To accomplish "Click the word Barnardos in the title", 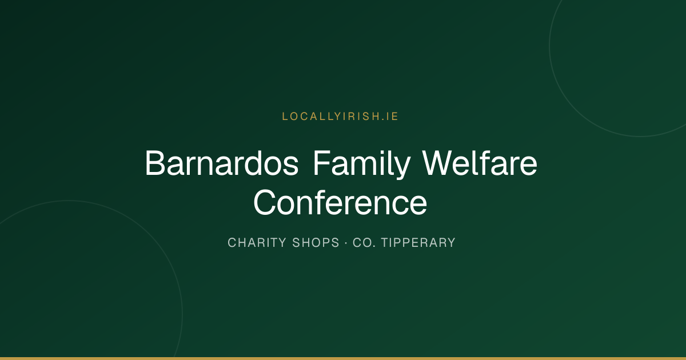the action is coord(222,163).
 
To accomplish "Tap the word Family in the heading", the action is coord(362,165).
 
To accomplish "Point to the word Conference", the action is coord(340,202).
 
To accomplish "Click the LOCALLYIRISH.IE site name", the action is coord(340,117).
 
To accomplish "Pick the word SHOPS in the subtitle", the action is coord(316,243).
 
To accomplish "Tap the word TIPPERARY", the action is coord(418,243).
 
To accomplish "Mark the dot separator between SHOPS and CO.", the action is coord(346,243).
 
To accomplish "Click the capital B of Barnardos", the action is coord(155,163).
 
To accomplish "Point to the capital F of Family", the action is coord(322,163).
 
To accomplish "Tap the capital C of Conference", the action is coord(265,202).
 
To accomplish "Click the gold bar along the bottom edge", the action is coord(343,358).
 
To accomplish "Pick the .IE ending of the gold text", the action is coord(390,117).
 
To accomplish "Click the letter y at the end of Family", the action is coord(402,169).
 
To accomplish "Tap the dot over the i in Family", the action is coord(380,151).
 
